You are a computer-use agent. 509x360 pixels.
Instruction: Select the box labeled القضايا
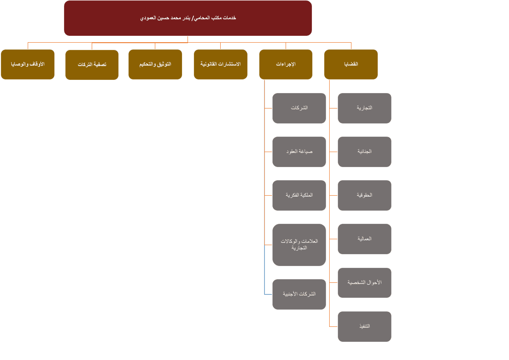(351, 64)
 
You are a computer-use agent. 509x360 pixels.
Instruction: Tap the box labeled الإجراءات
(286, 64)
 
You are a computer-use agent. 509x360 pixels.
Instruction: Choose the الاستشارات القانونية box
(221, 64)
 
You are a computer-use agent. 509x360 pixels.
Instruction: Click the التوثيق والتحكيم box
(155, 64)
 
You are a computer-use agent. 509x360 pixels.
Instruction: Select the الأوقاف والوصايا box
(28, 64)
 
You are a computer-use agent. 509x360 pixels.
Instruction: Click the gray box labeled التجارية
(364, 108)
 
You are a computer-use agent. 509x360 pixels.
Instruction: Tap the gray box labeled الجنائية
(364, 152)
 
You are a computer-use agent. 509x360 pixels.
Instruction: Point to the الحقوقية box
(364, 195)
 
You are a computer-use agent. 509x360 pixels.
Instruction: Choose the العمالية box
(364, 239)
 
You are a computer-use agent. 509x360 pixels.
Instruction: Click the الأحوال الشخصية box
(364, 283)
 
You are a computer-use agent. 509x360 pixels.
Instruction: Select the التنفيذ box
(364, 326)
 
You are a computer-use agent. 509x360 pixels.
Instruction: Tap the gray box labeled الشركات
(299, 108)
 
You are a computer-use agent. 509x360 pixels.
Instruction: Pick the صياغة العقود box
(299, 152)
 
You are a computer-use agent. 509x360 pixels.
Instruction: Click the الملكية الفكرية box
(299, 195)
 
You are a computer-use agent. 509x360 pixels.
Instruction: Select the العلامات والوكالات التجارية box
(299, 245)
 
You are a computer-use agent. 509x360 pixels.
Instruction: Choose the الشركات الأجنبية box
(299, 294)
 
